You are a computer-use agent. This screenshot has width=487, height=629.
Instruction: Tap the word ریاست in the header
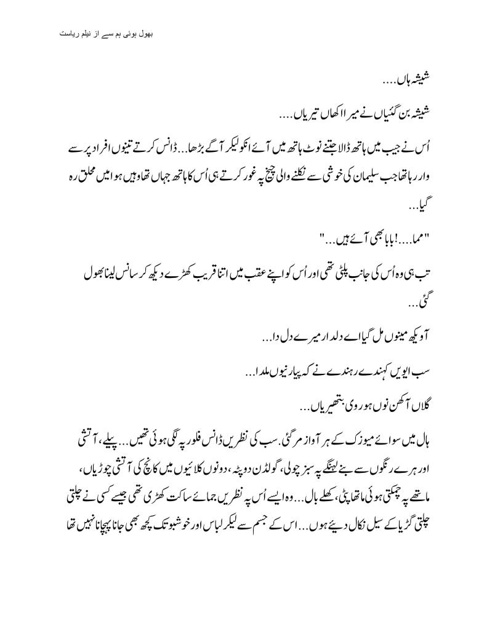[x=65, y=31]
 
